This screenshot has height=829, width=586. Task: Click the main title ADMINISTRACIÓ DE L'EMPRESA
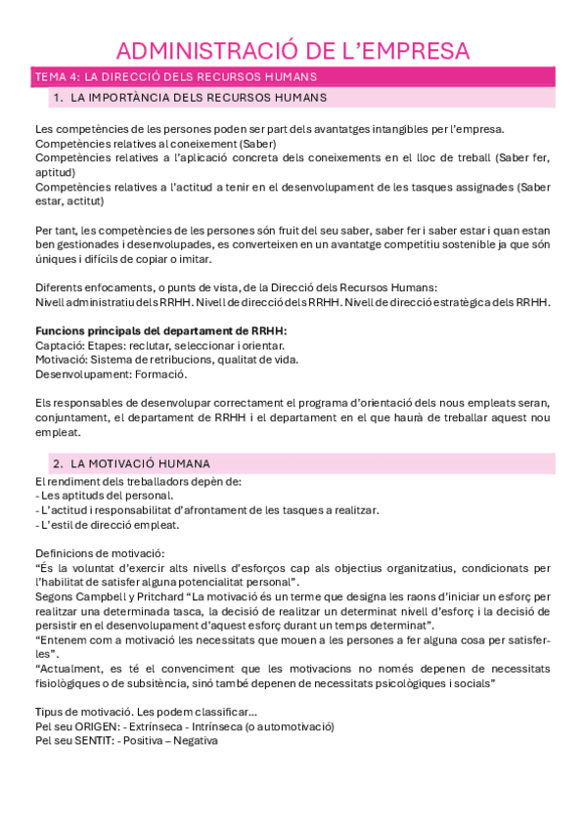(x=293, y=51)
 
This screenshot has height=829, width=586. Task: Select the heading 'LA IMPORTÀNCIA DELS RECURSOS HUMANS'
(x=200, y=98)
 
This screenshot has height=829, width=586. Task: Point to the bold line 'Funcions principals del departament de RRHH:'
(x=160, y=331)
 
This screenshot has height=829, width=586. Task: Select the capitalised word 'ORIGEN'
(x=89, y=726)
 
